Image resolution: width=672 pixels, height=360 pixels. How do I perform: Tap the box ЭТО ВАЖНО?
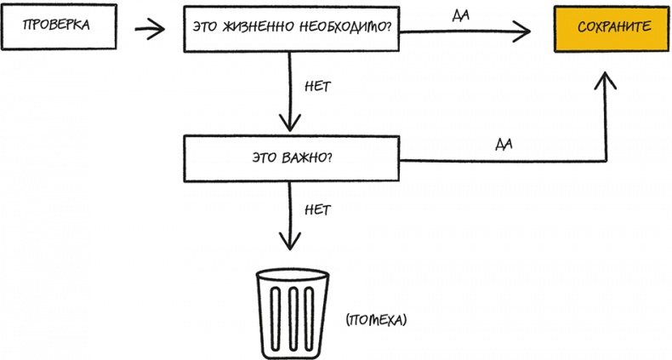[x=293, y=157]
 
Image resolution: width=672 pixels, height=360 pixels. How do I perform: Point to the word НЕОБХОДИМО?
[x=345, y=29]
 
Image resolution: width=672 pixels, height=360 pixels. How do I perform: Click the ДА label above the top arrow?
[x=461, y=16]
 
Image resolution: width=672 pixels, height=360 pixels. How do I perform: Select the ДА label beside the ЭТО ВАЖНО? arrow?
[x=502, y=144]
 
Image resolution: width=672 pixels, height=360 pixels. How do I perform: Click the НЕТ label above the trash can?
[x=316, y=208]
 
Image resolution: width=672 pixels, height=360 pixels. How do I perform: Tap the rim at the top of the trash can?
[x=292, y=276]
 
